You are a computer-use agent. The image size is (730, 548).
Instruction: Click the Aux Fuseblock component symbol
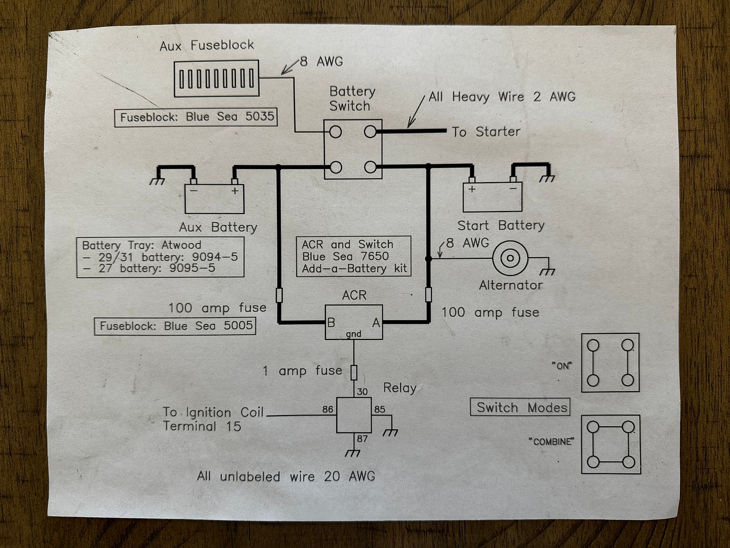pyautogui.click(x=216, y=79)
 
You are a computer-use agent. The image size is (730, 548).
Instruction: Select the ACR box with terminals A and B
pyautogui.click(x=353, y=322)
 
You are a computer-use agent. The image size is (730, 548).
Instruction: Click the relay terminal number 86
pyautogui.click(x=327, y=409)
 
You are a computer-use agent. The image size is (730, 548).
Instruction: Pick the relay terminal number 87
pyautogui.click(x=362, y=438)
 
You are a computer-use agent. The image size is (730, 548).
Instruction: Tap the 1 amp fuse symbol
pyautogui.click(x=354, y=372)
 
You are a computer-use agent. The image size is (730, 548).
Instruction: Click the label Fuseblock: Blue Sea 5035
pyautogui.click(x=196, y=117)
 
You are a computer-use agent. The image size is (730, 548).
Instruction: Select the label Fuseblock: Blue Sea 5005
pyautogui.click(x=175, y=326)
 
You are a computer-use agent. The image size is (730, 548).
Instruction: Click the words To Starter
pyautogui.click(x=486, y=132)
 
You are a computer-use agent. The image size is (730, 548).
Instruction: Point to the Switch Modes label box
pyautogui.click(x=522, y=407)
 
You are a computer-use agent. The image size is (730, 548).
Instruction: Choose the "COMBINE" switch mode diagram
pyautogui.click(x=610, y=444)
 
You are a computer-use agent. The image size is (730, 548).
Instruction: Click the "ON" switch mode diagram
pyautogui.click(x=610, y=362)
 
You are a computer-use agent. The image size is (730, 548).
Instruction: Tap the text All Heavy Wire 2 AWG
pyautogui.click(x=502, y=97)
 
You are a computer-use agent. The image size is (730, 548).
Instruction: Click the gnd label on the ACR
pyautogui.click(x=353, y=334)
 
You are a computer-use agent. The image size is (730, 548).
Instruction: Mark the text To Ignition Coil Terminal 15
pyautogui.click(x=213, y=419)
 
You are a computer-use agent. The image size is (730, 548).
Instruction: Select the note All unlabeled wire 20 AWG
pyautogui.click(x=286, y=476)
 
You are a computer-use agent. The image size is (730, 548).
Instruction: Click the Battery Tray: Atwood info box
pyautogui.click(x=160, y=257)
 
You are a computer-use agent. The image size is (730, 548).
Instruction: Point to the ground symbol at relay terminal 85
pyautogui.click(x=390, y=432)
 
